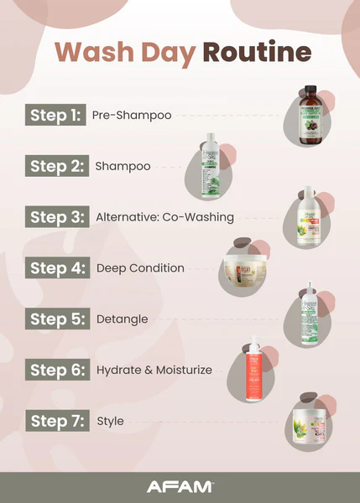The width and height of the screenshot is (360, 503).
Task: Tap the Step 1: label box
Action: tap(56, 115)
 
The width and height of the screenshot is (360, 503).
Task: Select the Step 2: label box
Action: tap(56, 166)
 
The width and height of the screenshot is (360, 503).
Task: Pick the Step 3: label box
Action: tap(56, 217)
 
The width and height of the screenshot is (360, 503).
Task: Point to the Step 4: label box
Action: tap(56, 268)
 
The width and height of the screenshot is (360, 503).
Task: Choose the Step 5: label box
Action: tap(56, 319)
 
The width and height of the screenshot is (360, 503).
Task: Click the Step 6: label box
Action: tap(56, 370)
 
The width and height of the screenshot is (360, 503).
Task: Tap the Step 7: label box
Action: tap(56, 421)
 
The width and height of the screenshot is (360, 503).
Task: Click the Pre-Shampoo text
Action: tap(131, 115)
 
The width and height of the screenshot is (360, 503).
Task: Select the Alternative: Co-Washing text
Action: tap(164, 217)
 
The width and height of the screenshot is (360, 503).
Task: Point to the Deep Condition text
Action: tap(140, 268)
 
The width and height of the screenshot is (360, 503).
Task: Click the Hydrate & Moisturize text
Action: tap(154, 370)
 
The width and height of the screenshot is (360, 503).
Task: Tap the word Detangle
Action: tap(123, 319)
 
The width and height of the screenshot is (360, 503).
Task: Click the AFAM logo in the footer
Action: tap(180, 486)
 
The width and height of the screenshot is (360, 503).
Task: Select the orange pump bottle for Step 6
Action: tap(252, 368)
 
